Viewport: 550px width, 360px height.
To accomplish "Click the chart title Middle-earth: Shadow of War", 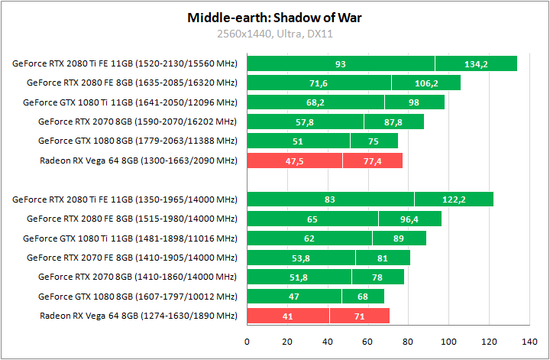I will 274,17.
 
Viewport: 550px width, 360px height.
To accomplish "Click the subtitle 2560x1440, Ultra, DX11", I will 274,34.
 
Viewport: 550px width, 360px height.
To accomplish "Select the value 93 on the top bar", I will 341,63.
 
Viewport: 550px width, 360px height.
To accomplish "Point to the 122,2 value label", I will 455,199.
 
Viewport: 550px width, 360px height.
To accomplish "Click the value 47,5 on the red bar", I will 295,161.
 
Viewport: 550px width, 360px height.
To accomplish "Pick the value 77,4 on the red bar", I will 373,161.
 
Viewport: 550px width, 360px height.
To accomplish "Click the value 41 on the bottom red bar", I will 288,316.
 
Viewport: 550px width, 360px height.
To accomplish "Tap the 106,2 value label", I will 426,83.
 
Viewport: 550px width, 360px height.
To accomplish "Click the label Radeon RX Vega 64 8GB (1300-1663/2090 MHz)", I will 138,161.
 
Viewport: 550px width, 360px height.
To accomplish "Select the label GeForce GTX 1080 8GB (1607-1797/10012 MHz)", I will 137,297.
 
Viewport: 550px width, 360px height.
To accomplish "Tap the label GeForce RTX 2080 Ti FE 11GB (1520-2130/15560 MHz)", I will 125,63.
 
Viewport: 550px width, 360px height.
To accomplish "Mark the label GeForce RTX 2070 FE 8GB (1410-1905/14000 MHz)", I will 131,258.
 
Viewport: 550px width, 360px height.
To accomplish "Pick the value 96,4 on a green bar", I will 410,219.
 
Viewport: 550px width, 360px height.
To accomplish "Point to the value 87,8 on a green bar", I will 393,122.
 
